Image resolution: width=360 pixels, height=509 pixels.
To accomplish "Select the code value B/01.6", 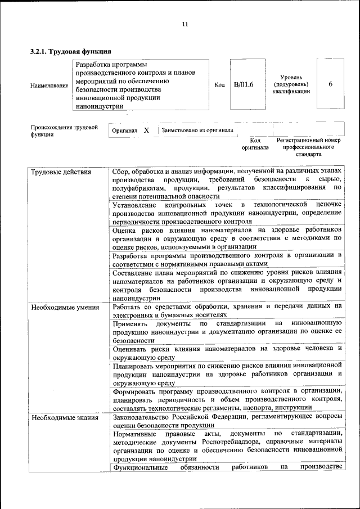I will [x=244, y=85].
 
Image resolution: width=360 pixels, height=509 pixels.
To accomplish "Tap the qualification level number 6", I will [x=330, y=84].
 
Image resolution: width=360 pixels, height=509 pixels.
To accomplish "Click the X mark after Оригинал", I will [x=146, y=130].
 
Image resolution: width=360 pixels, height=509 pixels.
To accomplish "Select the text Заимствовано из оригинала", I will [x=197, y=130].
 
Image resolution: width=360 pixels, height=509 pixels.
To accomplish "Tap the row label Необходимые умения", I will [x=66, y=307].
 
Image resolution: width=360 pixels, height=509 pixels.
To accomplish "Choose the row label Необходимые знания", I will [x=65, y=418].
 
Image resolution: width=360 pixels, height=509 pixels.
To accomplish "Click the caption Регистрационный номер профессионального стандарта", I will [x=309, y=146].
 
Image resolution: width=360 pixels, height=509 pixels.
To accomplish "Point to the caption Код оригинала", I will [x=255, y=143].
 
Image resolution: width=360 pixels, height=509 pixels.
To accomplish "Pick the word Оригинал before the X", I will [x=125, y=130].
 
